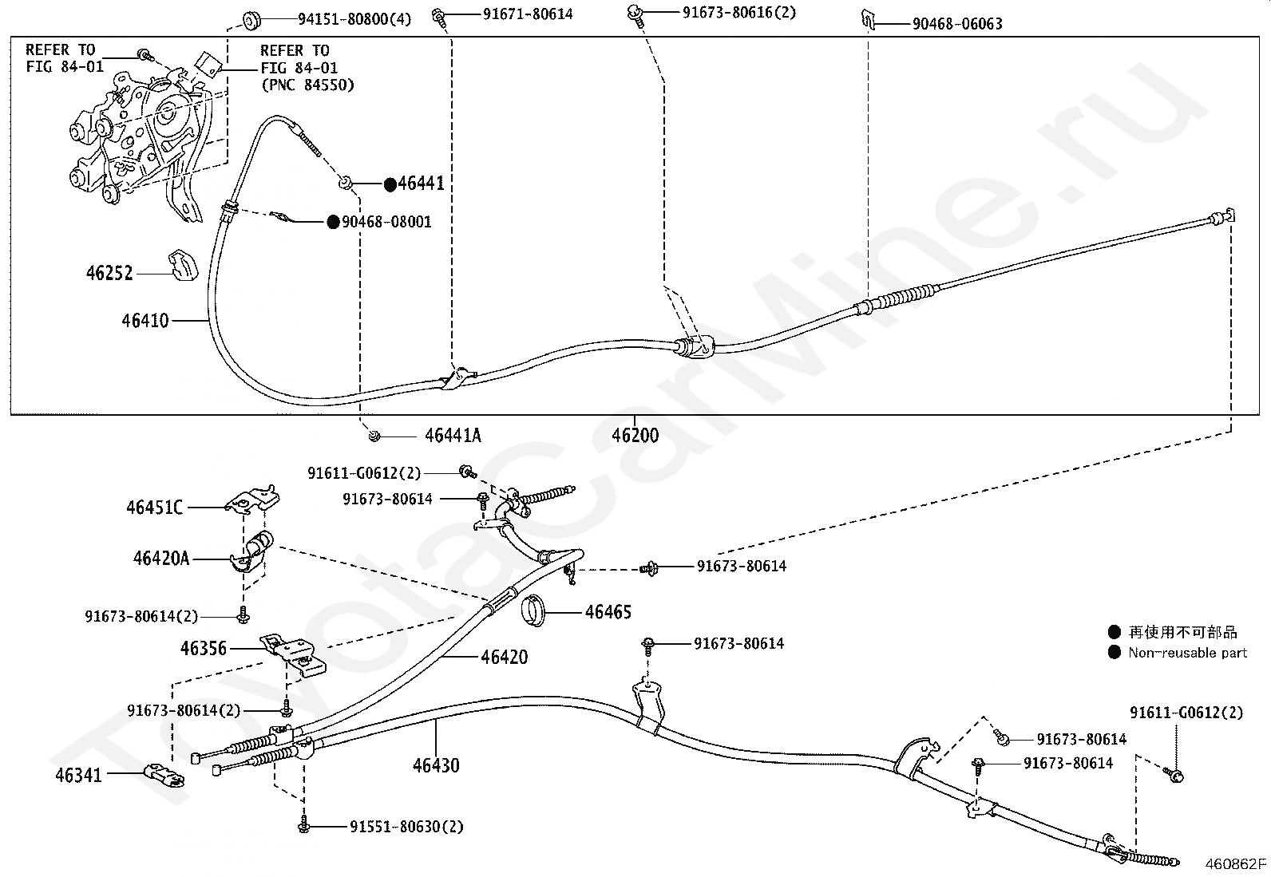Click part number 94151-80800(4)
pyautogui.click(x=343, y=18)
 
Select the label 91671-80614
pyautogui.click(x=528, y=14)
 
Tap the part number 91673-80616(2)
pyautogui.click(x=738, y=13)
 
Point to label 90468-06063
pyautogui.click(x=957, y=24)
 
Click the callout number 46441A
pyautogui.click(x=453, y=436)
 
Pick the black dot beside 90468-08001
pyautogui.click(x=333, y=222)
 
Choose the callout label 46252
pyautogui.click(x=109, y=274)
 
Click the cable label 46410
pyautogui.click(x=145, y=321)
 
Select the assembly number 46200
pyautogui.click(x=635, y=436)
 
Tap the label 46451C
pyautogui.click(x=154, y=508)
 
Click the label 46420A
pyautogui.click(x=161, y=559)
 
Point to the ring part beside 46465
pyautogui.click(x=533, y=610)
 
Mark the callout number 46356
pyautogui.click(x=204, y=649)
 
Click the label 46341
pyautogui.click(x=78, y=774)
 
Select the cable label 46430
pyautogui.click(x=436, y=765)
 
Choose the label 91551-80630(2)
pyautogui.click(x=406, y=827)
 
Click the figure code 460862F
pyautogui.click(x=1235, y=863)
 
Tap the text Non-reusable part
pyautogui.click(x=1187, y=653)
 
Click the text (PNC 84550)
pyautogui.click(x=307, y=85)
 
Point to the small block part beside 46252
pyautogui.click(x=183, y=265)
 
